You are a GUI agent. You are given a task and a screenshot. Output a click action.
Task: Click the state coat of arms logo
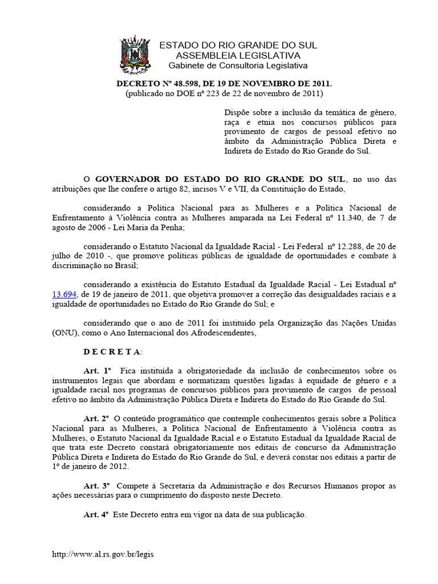135,55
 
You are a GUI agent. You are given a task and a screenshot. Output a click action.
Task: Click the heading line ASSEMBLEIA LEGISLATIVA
237,56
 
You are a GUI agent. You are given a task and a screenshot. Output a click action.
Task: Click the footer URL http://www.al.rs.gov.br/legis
103,554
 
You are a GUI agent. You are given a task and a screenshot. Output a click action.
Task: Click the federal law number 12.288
347,246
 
